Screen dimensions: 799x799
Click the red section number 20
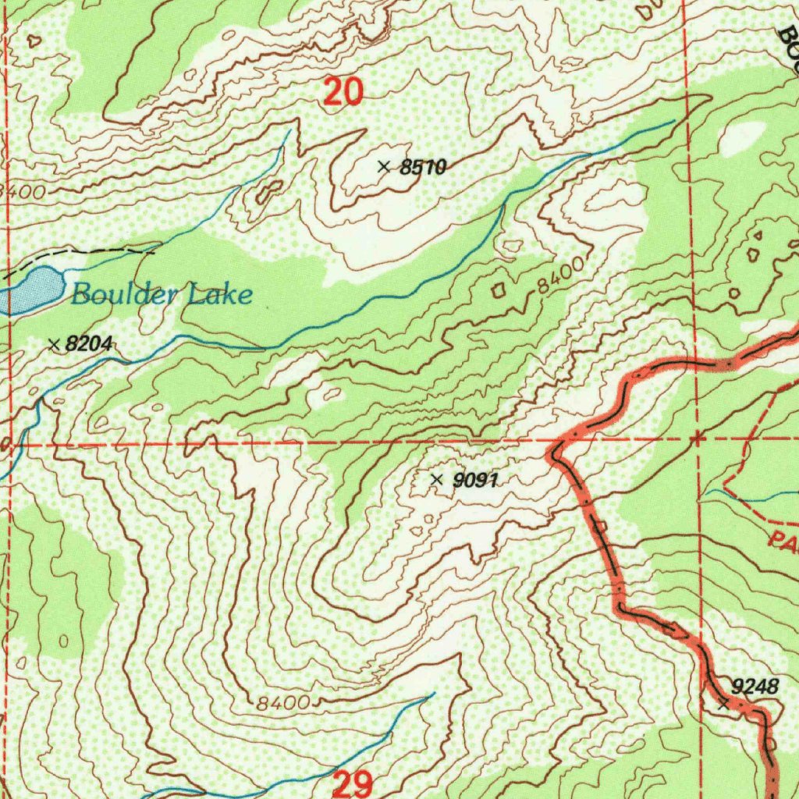tap(343, 93)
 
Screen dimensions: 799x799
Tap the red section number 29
tap(352, 784)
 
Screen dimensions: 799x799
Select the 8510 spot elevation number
tap(422, 167)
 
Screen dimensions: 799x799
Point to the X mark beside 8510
tap(383, 166)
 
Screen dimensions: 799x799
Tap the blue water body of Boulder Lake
tap(31, 289)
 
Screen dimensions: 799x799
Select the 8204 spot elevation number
tap(90, 343)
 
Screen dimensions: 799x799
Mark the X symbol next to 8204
tap(54, 343)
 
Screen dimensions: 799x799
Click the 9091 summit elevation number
tap(474, 481)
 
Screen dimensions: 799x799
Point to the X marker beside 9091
tap(436, 479)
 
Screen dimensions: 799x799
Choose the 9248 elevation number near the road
tap(755, 687)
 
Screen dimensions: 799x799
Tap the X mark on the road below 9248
tap(723, 704)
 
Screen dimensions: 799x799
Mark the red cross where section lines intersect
tap(697, 439)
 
